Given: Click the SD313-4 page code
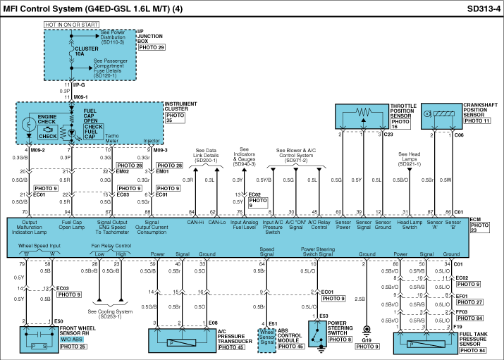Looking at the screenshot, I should click(483, 9).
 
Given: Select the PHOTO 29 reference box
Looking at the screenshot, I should click(152, 47).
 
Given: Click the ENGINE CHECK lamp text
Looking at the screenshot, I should click(47, 120).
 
